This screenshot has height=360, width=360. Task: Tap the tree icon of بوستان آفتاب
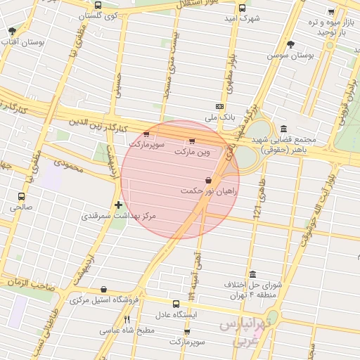pyautogui.click(x=12, y=31)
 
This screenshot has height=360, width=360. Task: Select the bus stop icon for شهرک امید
pyautogui.click(x=242, y=8)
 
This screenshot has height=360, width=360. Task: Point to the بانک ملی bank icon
pyautogui.click(x=219, y=107)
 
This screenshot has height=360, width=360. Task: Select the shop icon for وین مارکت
pyautogui.click(x=193, y=141)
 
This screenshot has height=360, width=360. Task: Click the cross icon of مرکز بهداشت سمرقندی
pyautogui.click(x=118, y=205)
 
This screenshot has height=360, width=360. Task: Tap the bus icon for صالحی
pyautogui.click(x=21, y=197)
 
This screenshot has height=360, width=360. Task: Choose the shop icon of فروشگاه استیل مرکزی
pyautogui.click(x=104, y=289)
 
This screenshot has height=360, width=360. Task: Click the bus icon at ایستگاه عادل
pyautogui.click(x=177, y=304)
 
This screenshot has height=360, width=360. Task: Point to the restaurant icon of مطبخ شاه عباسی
pyautogui.click(x=127, y=319)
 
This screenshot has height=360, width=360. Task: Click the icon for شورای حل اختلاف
pyautogui.click(x=252, y=274)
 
